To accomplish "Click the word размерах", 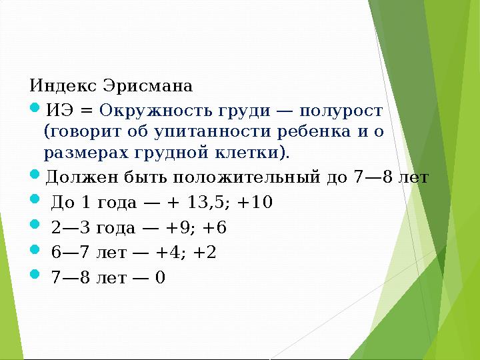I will [81, 153].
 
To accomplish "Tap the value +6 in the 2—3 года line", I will [217, 227].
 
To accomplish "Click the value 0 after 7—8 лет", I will [159, 277].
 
